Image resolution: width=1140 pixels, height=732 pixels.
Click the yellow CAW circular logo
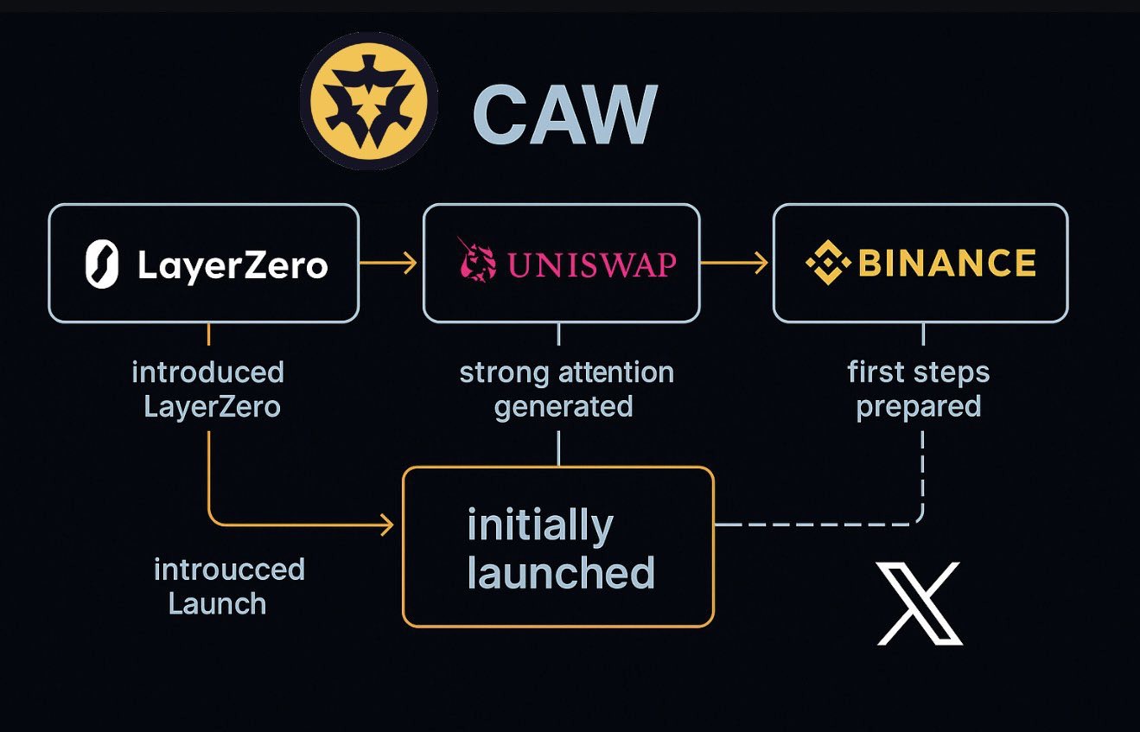(x=369, y=102)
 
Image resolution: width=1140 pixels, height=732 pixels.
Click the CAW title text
(x=565, y=114)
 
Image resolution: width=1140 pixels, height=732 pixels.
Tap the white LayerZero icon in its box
(x=102, y=264)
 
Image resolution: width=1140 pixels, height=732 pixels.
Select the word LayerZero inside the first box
(x=232, y=265)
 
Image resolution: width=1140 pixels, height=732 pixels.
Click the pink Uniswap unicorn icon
(x=476, y=258)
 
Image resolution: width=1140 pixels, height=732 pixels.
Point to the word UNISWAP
(x=592, y=264)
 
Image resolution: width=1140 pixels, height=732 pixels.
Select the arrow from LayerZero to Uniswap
(x=390, y=263)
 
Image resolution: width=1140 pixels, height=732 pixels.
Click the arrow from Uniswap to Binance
(x=735, y=263)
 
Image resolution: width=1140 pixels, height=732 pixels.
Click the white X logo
(x=919, y=603)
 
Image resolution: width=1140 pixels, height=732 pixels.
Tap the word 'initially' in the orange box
(x=540, y=526)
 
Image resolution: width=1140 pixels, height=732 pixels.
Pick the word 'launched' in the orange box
(x=561, y=573)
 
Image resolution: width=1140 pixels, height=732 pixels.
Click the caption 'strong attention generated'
(x=566, y=389)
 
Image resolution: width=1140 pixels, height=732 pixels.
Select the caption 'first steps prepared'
(x=919, y=389)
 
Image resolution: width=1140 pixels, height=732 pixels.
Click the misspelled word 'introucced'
(x=229, y=570)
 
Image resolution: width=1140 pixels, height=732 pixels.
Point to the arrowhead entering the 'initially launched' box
(x=386, y=524)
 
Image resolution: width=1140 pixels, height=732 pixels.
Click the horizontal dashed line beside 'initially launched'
(x=812, y=524)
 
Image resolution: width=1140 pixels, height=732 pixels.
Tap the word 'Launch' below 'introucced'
(x=217, y=603)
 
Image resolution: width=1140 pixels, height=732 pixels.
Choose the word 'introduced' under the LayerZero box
(x=207, y=372)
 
